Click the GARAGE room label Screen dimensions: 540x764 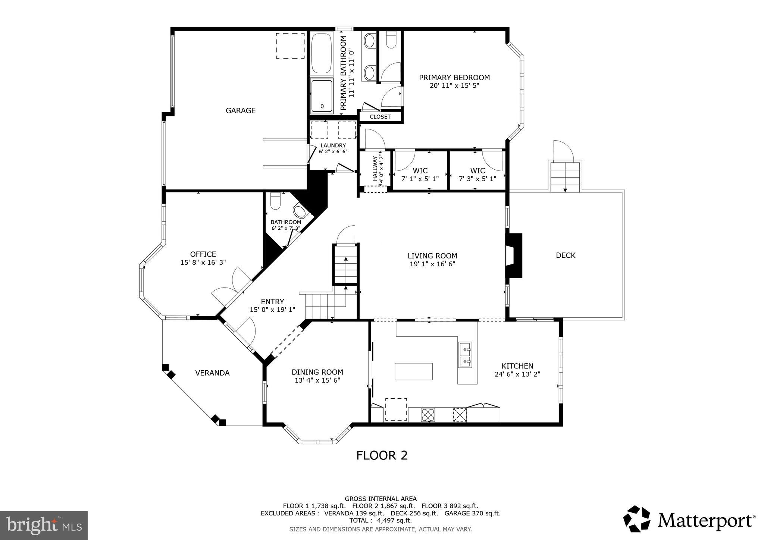click(241, 110)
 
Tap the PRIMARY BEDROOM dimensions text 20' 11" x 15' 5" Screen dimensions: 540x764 click(454, 85)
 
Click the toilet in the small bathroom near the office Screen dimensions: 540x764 click(275, 201)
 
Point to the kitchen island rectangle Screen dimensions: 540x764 click(414, 371)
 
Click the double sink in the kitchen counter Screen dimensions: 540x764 click(465, 355)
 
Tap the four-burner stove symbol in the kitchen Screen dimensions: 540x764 click(428, 415)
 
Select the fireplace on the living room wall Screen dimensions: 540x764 click(514, 255)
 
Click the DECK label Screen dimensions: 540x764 click(566, 255)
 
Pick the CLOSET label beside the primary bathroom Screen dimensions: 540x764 click(380, 117)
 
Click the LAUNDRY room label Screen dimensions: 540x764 click(333, 145)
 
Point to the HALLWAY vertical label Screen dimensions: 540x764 click(375, 168)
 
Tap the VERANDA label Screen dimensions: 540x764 click(212, 373)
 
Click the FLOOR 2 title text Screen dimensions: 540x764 click(382, 455)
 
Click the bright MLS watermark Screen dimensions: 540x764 click(44, 525)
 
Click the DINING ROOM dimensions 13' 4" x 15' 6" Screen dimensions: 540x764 click(317, 380)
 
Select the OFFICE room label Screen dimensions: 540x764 click(203, 254)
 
